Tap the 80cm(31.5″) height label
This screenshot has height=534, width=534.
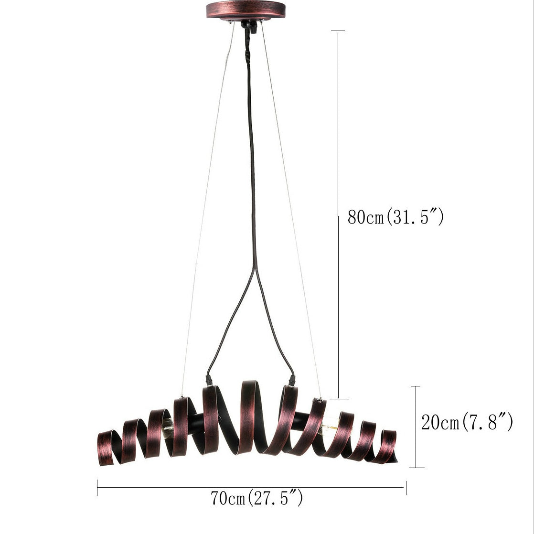tap(396, 216)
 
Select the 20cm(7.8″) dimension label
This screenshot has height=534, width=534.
tap(467, 422)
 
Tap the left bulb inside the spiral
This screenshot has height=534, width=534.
tap(167, 428)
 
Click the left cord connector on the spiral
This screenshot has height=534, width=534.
tap(208, 379)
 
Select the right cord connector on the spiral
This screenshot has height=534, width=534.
tap(291, 380)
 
